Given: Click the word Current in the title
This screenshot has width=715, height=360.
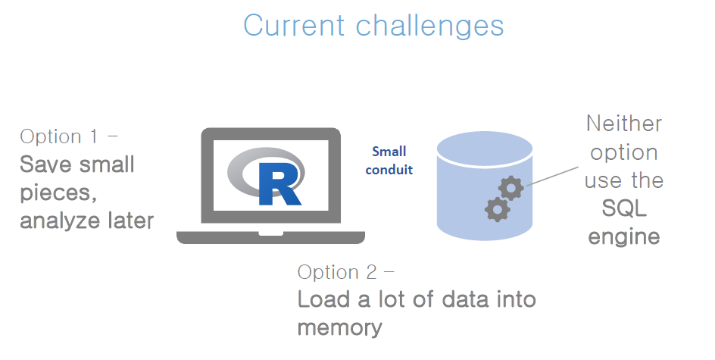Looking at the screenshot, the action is click(294, 25).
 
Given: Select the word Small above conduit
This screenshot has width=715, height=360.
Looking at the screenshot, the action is click(389, 152).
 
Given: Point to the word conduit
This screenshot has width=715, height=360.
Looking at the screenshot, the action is click(389, 170).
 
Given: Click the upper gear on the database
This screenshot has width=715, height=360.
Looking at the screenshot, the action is click(510, 187).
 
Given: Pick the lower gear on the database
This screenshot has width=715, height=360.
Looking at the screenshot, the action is click(497, 209).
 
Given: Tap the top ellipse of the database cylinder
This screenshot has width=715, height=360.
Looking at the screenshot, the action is click(484, 148).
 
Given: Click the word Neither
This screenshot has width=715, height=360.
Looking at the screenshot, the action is click(624, 124).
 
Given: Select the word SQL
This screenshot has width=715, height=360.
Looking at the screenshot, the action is click(624, 208).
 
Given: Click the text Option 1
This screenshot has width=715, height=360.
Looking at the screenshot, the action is click(59, 136).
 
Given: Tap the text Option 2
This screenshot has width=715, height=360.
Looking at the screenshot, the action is click(338, 272).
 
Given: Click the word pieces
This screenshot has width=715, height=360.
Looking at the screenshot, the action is click(58, 193).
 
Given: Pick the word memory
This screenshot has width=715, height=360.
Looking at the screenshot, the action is click(340, 328).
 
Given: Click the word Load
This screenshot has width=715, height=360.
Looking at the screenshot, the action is click(324, 299).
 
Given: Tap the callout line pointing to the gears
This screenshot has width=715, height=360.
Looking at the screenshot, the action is click(552, 176).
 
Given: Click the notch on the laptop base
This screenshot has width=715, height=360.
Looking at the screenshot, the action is click(271, 233).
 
